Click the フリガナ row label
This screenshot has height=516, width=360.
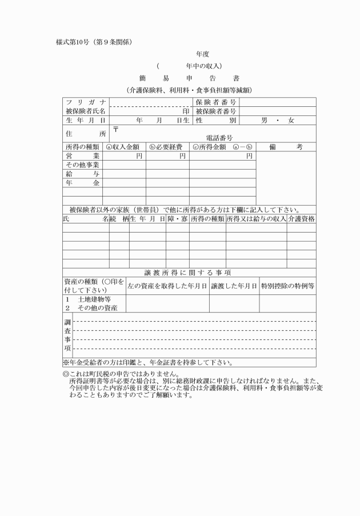(85, 102)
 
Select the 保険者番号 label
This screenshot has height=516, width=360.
(216, 102)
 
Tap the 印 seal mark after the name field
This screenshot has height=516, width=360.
(186, 111)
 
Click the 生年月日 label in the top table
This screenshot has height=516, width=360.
(85, 121)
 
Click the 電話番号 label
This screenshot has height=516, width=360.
(219, 138)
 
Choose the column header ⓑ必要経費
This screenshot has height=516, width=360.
(167, 147)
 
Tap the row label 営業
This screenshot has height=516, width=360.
(85, 155)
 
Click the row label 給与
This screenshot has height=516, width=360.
(85, 174)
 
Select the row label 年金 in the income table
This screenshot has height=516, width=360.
(85, 183)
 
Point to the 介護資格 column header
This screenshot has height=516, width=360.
(301, 219)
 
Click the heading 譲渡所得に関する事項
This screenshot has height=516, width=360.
(191, 273)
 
